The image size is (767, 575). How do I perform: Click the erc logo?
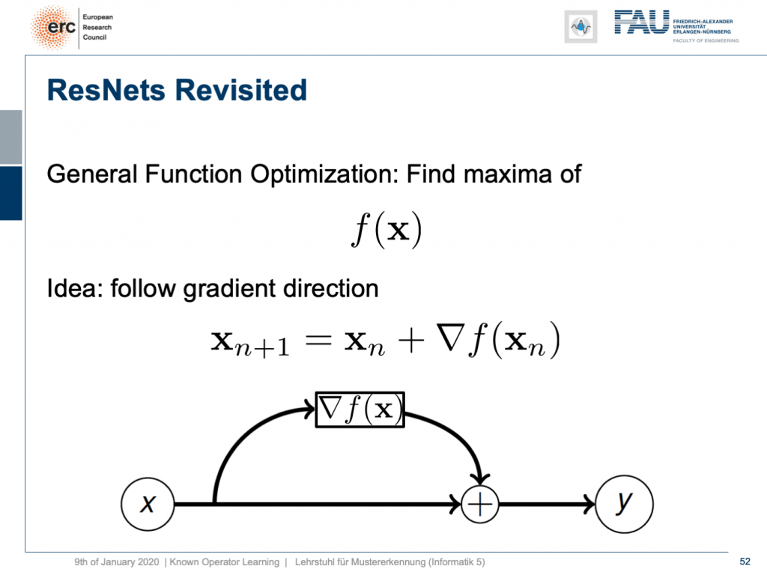click(53, 28)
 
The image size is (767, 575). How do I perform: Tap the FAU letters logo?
click(641, 22)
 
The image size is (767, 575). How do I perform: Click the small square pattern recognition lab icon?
click(580, 26)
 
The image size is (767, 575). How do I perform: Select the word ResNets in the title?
click(106, 90)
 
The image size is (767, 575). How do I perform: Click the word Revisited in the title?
click(240, 90)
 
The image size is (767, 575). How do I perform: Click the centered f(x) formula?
click(386, 229)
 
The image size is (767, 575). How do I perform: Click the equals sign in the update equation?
click(318, 341)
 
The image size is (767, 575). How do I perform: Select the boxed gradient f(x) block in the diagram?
click(360, 410)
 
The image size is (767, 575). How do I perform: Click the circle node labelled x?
click(148, 504)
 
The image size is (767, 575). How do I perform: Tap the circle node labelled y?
click(624, 504)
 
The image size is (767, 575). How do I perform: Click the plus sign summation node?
click(480, 504)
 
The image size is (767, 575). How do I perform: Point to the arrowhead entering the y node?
click(589, 504)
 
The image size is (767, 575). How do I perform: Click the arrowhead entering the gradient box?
click(309, 409)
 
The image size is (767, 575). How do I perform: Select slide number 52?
click(745, 562)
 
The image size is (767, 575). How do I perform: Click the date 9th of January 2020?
click(116, 562)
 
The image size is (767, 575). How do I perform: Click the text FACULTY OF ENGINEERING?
click(706, 40)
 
